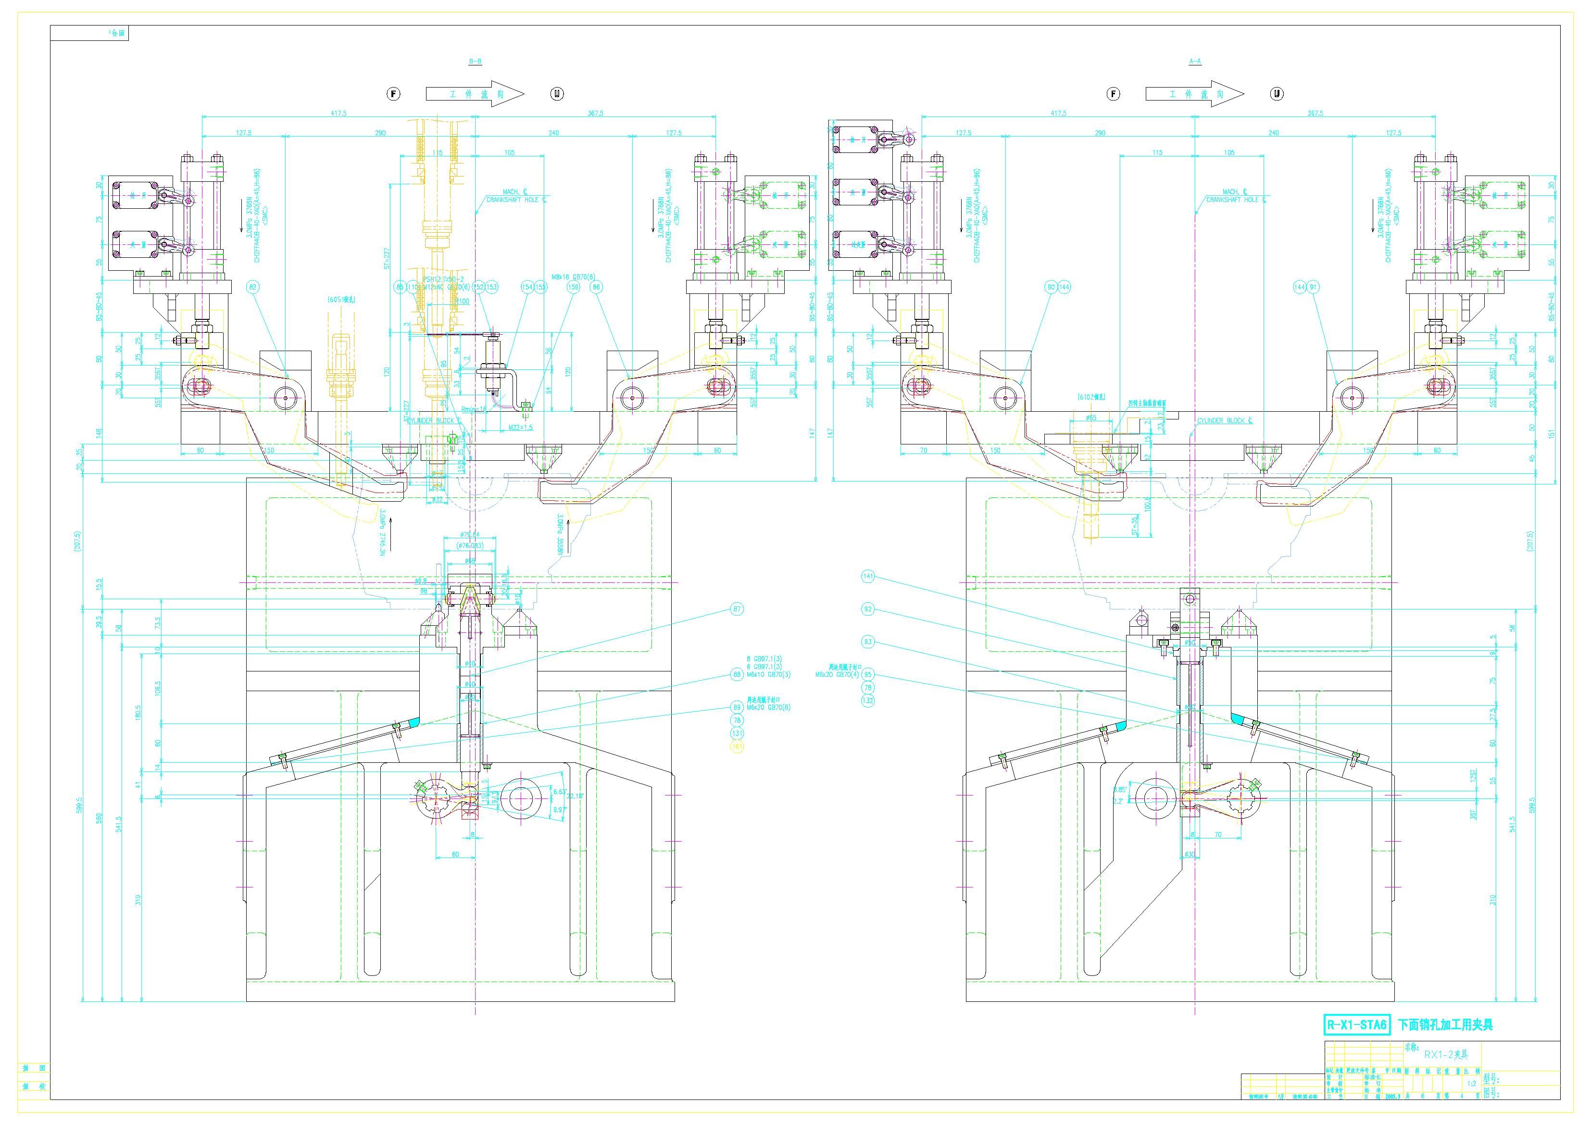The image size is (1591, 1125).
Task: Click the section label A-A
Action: coord(1195,62)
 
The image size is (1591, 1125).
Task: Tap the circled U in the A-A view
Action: coord(1277,94)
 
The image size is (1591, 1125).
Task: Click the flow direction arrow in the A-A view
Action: coord(1194,94)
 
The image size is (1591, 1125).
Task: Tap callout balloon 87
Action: coord(737,609)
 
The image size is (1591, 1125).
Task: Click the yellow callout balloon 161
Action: coord(737,746)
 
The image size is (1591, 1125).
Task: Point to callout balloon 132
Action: coord(868,700)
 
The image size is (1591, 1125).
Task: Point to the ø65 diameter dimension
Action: coord(1090,417)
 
